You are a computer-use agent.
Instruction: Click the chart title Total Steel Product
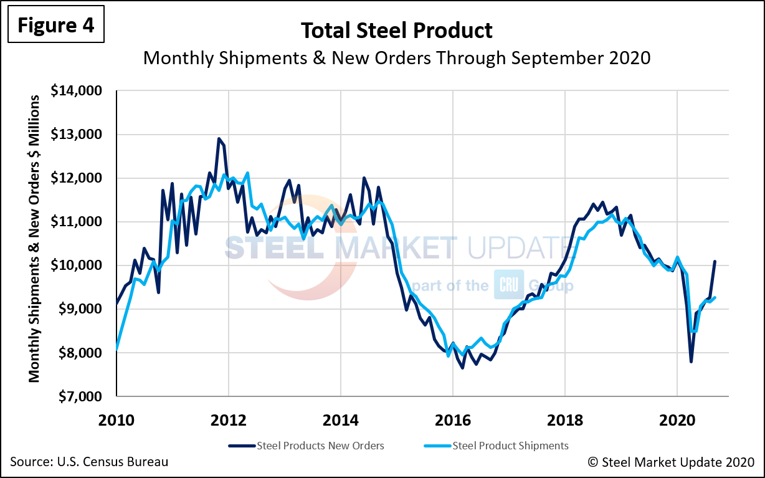click(x=397, y=30)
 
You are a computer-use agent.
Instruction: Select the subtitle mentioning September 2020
click(x=397, y=57)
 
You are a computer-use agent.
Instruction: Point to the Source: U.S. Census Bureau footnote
click(x=89, y=462)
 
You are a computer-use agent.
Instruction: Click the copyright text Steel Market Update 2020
click(x=671, y=462)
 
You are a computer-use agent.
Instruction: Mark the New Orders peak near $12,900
click(x=219, y=138)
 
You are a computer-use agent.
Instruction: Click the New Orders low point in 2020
click(x=691, y=361)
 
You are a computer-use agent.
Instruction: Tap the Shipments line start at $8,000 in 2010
click(x=117, y=350)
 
